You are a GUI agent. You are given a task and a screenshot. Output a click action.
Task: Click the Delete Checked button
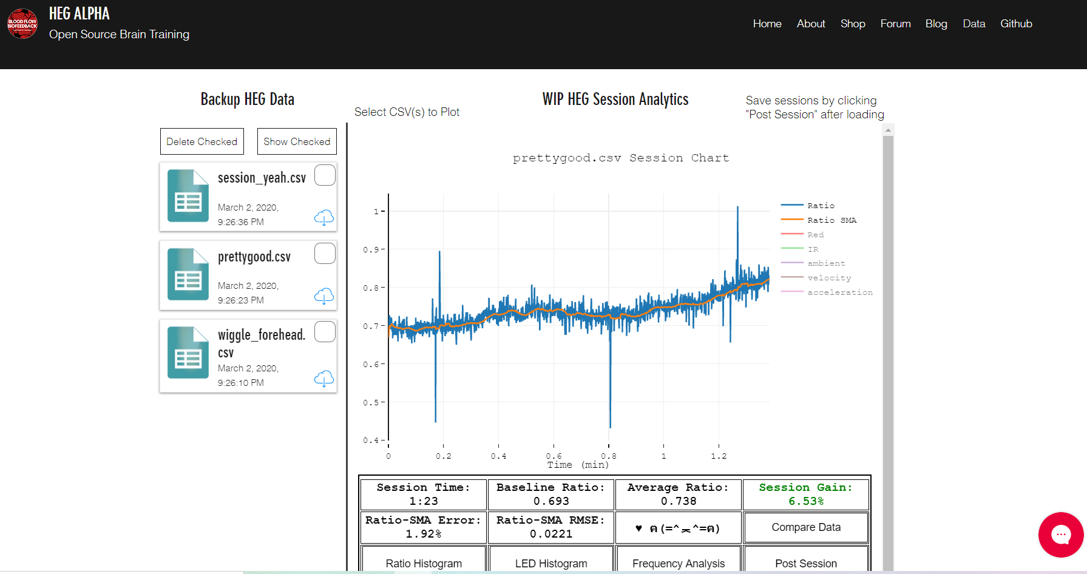202,141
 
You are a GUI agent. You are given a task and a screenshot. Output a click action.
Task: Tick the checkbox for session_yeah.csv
325,175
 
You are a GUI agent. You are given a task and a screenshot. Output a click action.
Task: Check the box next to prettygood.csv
325,254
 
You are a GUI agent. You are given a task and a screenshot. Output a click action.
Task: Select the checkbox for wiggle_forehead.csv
325,332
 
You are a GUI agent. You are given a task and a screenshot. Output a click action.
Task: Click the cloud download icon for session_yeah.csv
324,217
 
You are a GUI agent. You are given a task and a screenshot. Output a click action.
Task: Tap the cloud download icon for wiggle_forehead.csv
324,379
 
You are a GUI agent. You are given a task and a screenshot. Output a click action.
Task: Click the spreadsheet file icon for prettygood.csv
188,274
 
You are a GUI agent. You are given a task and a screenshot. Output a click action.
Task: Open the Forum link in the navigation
895,24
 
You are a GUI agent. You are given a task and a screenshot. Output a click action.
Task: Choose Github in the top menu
1016,24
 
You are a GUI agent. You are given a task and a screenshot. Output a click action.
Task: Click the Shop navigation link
853,24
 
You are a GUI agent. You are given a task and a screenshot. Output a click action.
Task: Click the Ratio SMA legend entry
831,220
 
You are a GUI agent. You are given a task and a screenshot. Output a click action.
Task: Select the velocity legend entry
829,278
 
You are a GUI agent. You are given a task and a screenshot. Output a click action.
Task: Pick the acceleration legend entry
840,292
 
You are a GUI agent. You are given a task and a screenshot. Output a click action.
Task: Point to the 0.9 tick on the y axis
371,249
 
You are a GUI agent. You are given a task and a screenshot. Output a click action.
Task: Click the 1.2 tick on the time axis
719,456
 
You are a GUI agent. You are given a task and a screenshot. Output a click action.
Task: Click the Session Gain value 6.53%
806,501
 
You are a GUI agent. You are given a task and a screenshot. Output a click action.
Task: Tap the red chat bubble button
1060,535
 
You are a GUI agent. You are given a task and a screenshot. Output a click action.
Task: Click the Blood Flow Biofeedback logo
22,24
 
